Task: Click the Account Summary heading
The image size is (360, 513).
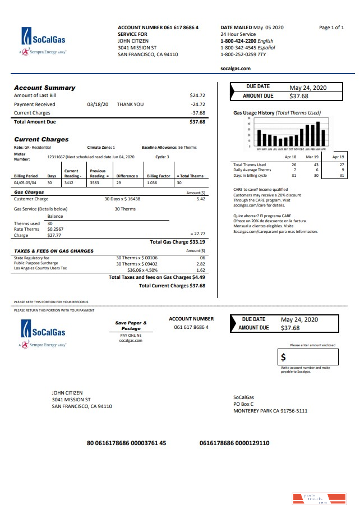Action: (44, 88)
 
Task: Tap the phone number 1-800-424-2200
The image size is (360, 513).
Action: (238, 41)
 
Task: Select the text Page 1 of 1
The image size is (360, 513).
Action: (331, 28)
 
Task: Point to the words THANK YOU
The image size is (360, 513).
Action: (130, 104)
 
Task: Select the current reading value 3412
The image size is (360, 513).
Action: (69, 183)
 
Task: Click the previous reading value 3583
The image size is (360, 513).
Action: (94, 183)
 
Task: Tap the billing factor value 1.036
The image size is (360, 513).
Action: (152, 183)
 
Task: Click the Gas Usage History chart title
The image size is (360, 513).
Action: (277, 113)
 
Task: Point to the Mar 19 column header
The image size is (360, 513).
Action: (312, 158)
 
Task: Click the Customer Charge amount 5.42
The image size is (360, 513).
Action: (201, 199)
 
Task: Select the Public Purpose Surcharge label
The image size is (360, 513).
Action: (36, 263)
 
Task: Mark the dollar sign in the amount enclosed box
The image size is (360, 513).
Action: (283, 357)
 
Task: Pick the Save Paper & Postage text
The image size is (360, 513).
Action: (131, 326)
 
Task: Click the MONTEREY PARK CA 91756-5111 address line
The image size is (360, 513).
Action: (270, 411)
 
